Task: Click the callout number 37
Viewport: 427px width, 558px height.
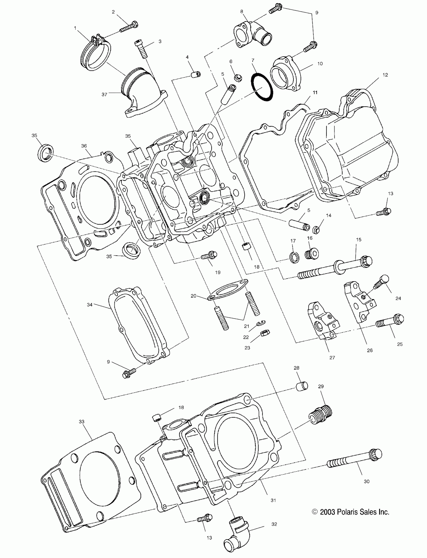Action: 104,95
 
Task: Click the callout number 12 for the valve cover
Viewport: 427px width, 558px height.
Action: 385,75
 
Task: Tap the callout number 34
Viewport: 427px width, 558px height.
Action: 89,305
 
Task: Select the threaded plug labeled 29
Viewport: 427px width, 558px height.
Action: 321,415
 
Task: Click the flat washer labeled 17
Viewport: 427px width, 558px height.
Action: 294,257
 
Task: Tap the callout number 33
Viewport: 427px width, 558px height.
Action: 81,422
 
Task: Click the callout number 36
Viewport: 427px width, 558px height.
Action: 84,146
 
